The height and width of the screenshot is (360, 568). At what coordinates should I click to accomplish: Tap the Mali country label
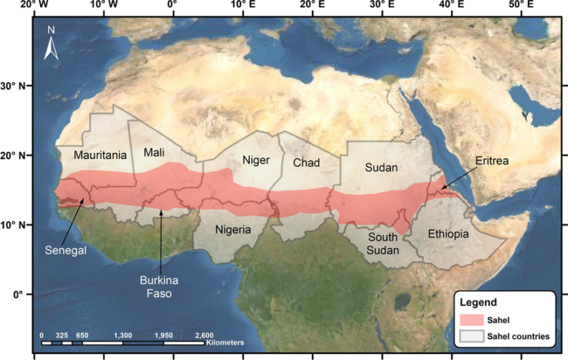[154, 152]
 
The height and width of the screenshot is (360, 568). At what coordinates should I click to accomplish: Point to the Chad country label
[305, 162]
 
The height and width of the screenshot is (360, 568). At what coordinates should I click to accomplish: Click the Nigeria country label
[233, 229]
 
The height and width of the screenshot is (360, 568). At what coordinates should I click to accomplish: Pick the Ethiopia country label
[448, 234]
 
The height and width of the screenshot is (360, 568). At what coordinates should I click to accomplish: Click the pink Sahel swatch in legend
[471, 320]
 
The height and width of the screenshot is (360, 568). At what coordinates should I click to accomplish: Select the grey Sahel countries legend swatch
[471, 336]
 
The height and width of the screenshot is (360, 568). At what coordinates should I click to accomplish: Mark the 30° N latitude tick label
[14, 86]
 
